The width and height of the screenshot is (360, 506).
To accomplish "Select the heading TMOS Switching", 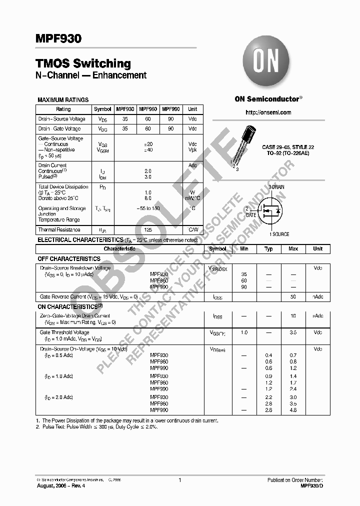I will coord(83,63).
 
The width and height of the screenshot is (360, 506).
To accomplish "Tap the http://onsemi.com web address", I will coord(268,112).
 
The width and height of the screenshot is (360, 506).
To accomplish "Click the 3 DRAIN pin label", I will coord(276,186).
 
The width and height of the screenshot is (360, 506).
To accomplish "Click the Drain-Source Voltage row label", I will coord(62,119).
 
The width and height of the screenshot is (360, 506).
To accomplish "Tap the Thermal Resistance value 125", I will coord(147,230).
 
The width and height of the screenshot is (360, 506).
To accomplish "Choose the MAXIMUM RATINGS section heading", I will coord(63,100).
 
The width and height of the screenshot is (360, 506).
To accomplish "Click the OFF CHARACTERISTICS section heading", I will coord(69,258).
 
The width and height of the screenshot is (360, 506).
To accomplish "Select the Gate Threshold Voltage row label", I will coord(64,332).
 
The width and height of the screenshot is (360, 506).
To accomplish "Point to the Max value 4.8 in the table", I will coord(293,410).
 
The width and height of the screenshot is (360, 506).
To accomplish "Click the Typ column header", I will coord(268,248).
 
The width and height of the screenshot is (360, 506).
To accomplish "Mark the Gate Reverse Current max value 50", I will coord(293,297).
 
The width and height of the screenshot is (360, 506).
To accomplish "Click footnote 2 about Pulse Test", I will coord(96,427).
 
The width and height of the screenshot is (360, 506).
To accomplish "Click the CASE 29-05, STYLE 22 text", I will coord(288,147).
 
